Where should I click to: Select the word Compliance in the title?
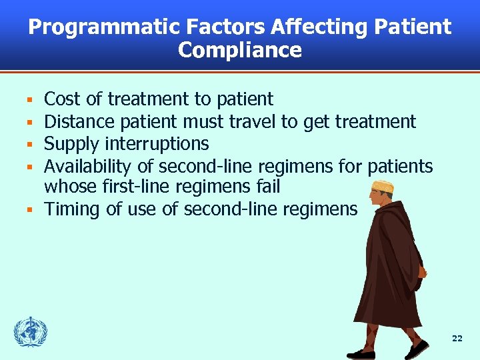(x=240, y=51)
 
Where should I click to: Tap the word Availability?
(x=88, y=166)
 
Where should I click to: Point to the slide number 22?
(x=457, y=339)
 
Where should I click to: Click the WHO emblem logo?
(x=30, y=332)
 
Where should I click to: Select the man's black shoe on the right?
(x=416, y=348)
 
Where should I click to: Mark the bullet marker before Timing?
(x=29, y=210)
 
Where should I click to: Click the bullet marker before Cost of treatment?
(x=29, y=101)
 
